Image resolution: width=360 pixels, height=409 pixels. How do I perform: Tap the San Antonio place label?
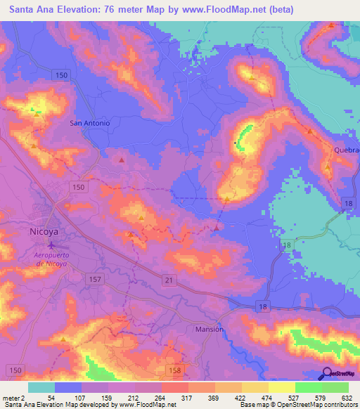(90, 123)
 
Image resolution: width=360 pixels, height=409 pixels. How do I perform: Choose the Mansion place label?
(209, 329)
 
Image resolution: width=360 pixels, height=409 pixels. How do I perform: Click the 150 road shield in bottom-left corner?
(14, 370)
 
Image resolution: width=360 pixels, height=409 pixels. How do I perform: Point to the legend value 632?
(346, 397)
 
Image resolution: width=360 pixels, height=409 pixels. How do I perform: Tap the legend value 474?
(269, 397)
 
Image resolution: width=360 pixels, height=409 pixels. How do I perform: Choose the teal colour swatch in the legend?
(41, 387)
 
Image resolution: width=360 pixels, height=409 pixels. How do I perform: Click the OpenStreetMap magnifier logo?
(326, 374)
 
